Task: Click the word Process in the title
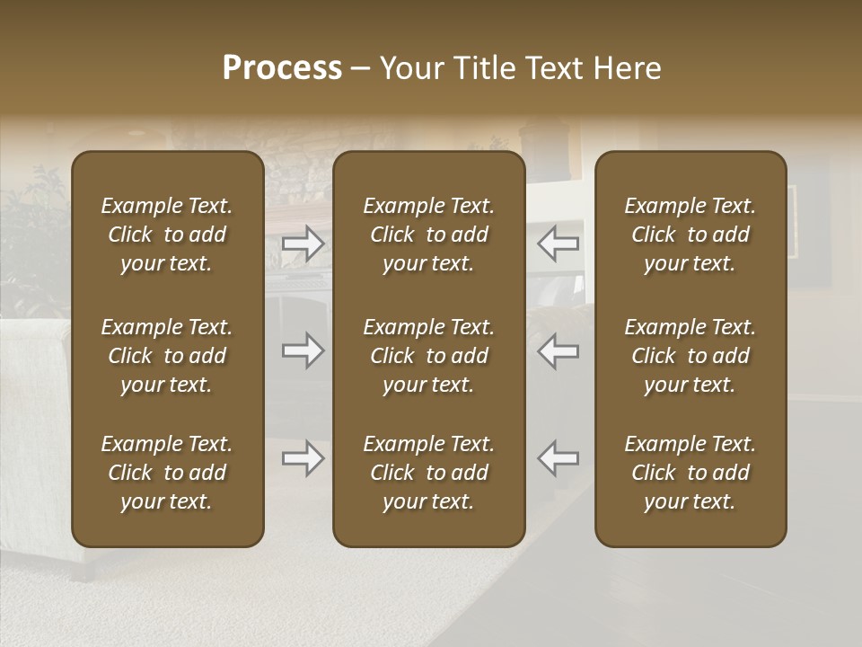pyautogui.click(x=282, y=68)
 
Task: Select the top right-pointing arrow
pyautogui.click(x=303, y=244)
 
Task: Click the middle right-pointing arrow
pyautogui.click(x=303, y=350)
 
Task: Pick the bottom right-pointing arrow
pyautogui.click(x=303, y=458)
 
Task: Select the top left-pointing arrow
pyautogui.click(x=559, y=244)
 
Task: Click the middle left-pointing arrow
pyautogui.click(x=559, y=350)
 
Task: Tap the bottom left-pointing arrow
pyautogui.click(x=559, y=458)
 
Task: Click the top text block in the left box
pyautogui.click(x=167, y=235)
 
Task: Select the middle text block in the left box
pyautogui.click(x=167, y=356)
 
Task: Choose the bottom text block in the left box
pyautogui.click(x=167, y=473)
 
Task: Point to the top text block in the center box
pyautogui.click(x=428, y=235)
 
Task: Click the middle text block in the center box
pyautogui.click(x=428, y=356)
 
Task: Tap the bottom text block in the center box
pyautogui.click(x=428, y=473)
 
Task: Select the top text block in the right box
pyautogui.click(x=690, y=235)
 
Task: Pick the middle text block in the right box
pyautogui.click(x=690, y=356)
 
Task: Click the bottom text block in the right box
pyautogui.click(x=690, y=473)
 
